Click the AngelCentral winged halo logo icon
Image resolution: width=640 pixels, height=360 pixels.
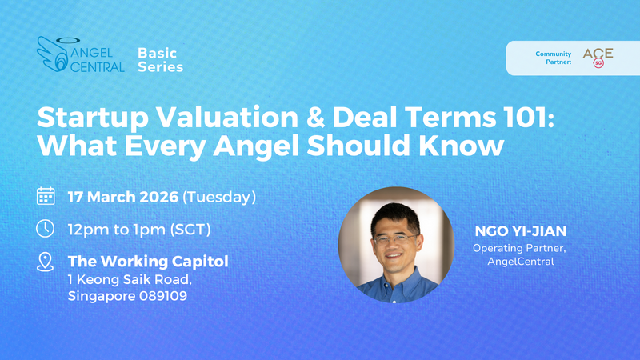click(53, 54)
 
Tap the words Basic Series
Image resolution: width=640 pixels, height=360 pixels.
click(160, 59)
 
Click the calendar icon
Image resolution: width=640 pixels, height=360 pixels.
click(46, 195)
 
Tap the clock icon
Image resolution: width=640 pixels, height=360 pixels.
click(46, 228)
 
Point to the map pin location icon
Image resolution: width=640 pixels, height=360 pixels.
click(46, 262)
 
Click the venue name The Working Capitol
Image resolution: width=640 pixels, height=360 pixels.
click(148, 261)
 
